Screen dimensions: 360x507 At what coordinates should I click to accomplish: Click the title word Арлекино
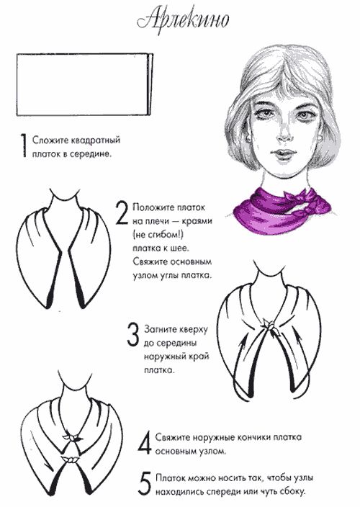(x=183, y=20)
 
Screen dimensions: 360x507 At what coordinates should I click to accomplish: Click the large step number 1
(x=23, y=145)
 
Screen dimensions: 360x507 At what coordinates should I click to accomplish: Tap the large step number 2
(x=122, y=213)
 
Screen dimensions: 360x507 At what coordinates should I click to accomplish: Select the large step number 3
(x=132, y=335)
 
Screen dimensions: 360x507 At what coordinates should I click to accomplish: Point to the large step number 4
(x=145, y=443)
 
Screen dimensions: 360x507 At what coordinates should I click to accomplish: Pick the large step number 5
(x=145, y=484)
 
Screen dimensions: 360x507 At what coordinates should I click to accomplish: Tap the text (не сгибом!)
(x=158, y=235)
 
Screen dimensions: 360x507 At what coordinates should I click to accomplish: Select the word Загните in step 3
(x=160, y=330)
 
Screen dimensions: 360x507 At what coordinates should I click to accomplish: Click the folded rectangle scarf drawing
(x=85, y=84)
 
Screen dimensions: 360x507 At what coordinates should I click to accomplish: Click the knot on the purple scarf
(x=299, y=200)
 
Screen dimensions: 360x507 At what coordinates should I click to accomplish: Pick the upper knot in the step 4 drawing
(x=72, y=437)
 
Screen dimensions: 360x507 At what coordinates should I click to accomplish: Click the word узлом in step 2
(x=145, y=276)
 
